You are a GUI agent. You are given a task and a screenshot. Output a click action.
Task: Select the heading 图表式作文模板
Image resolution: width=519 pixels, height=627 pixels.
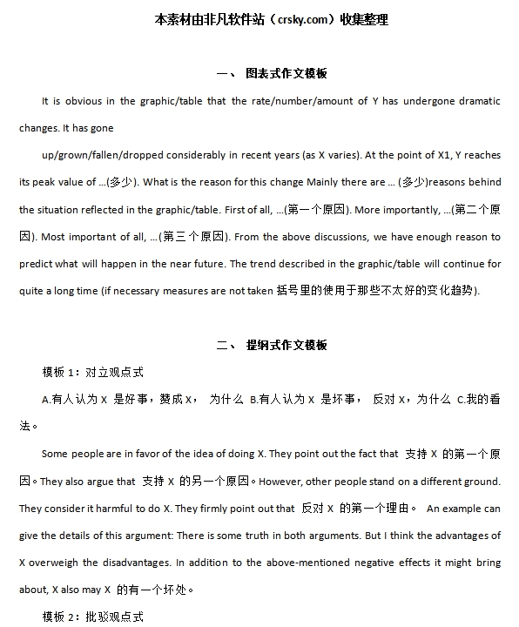point(286,73)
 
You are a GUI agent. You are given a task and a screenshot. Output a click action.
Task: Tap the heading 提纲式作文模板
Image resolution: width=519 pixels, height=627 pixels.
point(286,345)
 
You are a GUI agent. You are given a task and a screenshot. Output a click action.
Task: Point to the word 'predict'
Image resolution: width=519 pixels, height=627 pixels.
point(36,264)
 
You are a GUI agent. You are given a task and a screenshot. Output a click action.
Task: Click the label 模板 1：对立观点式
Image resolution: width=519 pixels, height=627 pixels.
point(93,372)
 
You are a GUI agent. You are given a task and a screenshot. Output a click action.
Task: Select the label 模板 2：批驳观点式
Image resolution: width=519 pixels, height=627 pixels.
point(93,617)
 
